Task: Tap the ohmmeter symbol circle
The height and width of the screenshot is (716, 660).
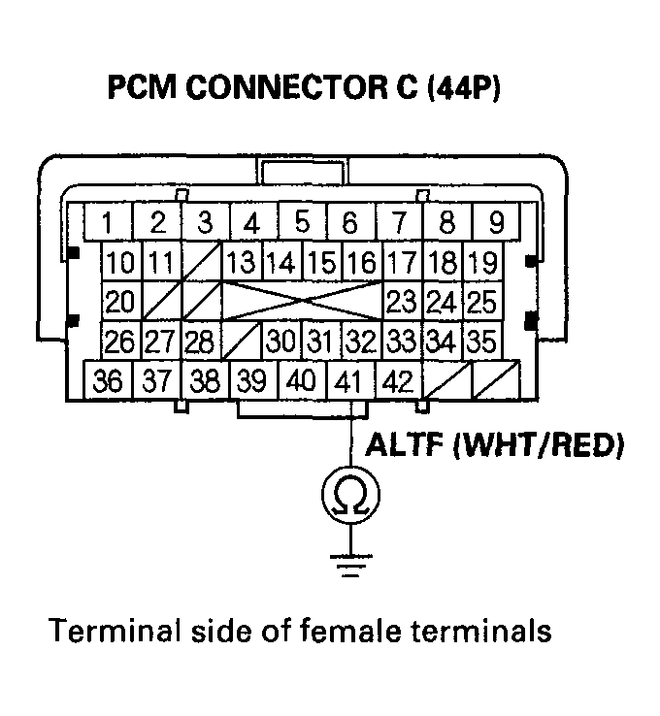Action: (x=350, y=496)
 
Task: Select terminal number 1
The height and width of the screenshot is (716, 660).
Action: (x=110, y=223)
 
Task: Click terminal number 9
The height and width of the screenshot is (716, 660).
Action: (x=495, y=223)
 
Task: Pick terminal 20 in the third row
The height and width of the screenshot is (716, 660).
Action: (x=120, y=302)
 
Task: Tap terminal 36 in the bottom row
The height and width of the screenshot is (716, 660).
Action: (x=110, y=380)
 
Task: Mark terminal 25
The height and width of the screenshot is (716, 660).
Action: (x=481, y=302)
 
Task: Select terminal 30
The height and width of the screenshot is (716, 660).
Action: (x=281, y=342)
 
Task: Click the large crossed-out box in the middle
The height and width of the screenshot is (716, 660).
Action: (x=303, y=302)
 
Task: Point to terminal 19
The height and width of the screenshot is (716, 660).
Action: (x=481, y=263)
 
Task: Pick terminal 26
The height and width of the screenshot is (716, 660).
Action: (x=120, y=342)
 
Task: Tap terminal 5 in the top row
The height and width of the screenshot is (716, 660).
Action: (x=302, y=223)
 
